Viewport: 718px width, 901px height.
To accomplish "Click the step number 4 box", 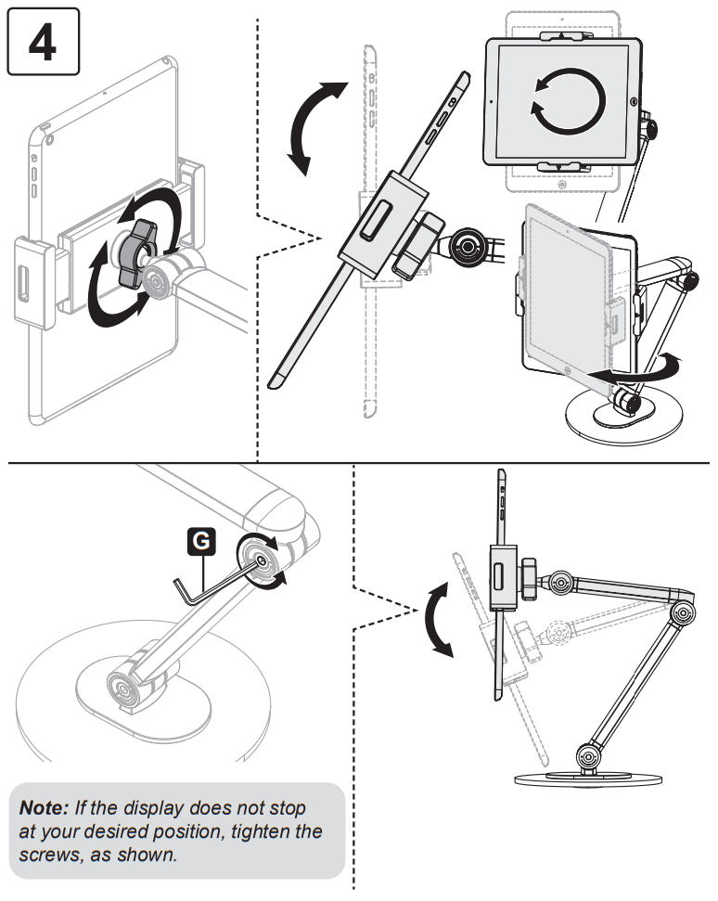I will (43, 41).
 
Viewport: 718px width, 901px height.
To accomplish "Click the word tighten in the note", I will (265, 831).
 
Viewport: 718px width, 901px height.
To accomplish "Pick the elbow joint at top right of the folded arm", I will (684, 612).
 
